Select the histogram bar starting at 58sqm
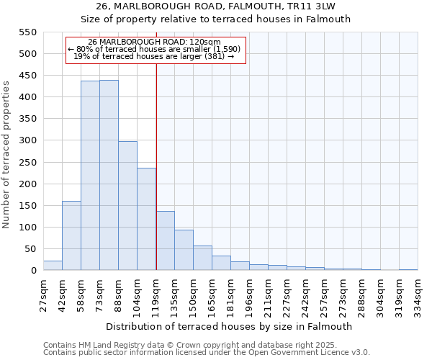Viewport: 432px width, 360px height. coord(90,176)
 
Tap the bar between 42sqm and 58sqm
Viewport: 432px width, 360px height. coord(71,235)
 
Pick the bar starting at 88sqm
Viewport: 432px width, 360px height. coord(127,206)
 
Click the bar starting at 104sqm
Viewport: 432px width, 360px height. coord(146,219)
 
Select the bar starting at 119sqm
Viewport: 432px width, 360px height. coord(166,240)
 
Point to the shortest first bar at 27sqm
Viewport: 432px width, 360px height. coord(53,266)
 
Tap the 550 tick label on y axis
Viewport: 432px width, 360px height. coord(27,32)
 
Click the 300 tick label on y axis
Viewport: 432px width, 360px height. coord(27,140)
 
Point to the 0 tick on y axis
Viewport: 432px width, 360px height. coord(33,271)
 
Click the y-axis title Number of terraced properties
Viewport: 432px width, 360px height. coord(6,155)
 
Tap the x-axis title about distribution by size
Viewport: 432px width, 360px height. coord(230,326)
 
